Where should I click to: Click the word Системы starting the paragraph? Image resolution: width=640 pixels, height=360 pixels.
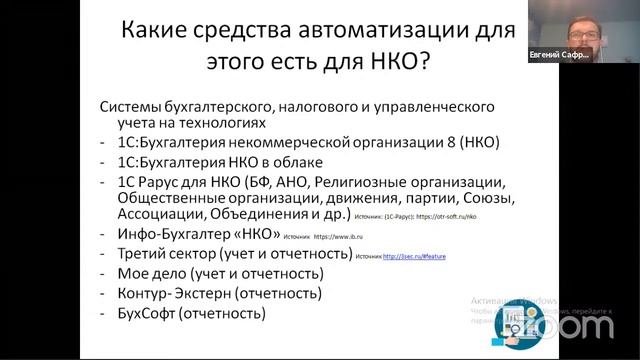134,106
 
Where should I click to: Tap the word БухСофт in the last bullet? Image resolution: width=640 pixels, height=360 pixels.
147,313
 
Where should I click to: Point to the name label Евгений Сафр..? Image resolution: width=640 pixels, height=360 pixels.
559,57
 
